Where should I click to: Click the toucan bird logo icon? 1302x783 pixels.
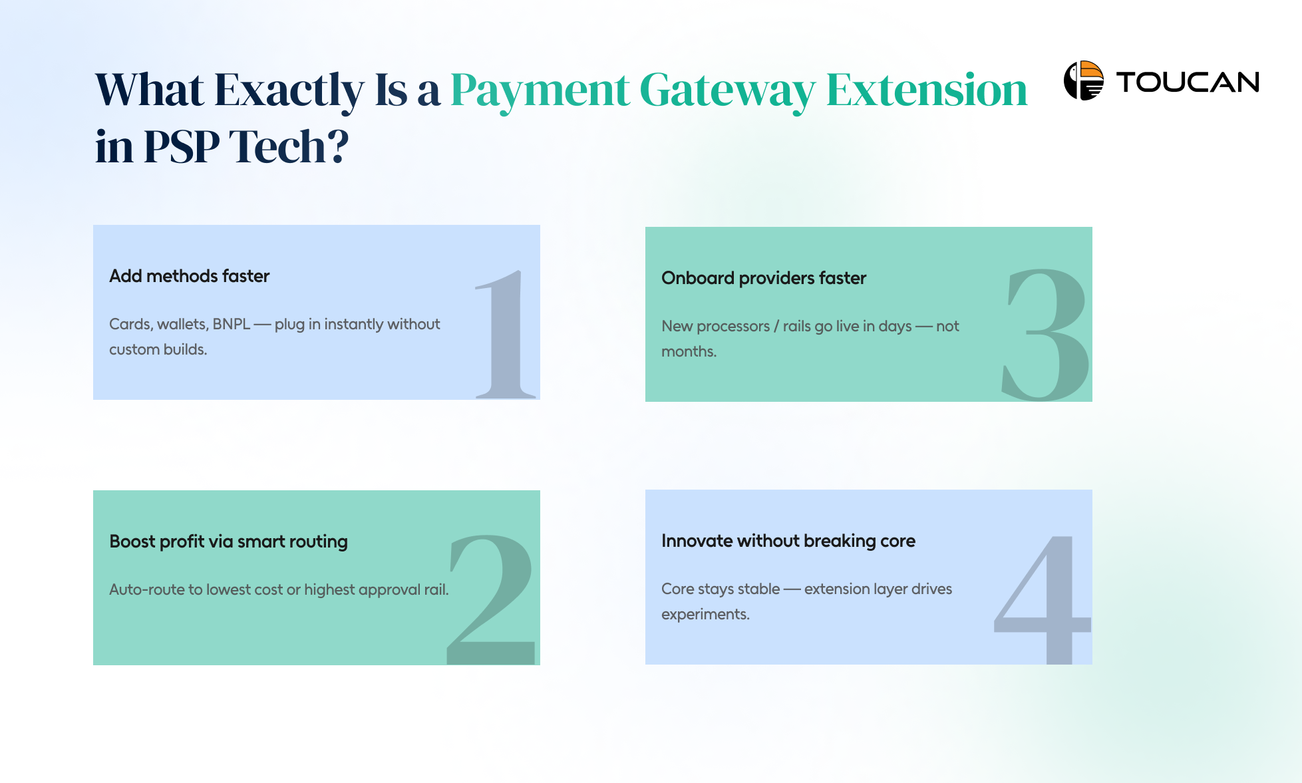(x=1083, y=80)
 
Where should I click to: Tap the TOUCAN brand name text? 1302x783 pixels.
(x=1188, y=82)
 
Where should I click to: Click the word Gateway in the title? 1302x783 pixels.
(x=727, y=90)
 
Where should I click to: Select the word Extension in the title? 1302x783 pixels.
(x=926, y=90)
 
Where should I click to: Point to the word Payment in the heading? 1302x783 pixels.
(x=540, y=90)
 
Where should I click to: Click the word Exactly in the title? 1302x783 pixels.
(x=289, y=90)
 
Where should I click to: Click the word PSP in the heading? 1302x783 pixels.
(x=181, y=146)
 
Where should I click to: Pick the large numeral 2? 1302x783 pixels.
(x=492, y=599)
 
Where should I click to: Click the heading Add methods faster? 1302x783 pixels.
(x=189, y=276)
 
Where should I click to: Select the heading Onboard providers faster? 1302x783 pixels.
(x=763, y=278)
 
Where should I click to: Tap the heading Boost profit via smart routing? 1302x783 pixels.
(x=228, y=542)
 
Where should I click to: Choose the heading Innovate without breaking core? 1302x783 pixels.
(x=788, y=541)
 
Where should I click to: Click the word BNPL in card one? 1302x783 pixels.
(x=231, y=324)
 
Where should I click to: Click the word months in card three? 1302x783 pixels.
(x=688, y=351)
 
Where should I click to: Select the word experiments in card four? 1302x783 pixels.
(x=705, y=615)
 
